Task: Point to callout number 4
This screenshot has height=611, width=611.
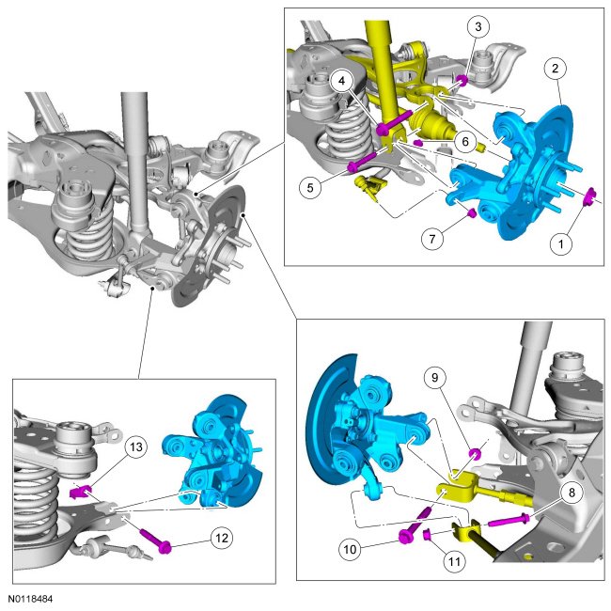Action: click(x=346, y=82)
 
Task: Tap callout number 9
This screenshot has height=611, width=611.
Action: click(x=435, y=379)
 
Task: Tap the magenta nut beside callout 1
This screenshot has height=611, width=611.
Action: click(x=592, y=196)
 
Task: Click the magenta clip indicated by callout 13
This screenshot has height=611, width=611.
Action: click(x=80, y=491)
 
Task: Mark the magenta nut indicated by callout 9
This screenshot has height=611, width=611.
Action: click(x=475, y=456)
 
